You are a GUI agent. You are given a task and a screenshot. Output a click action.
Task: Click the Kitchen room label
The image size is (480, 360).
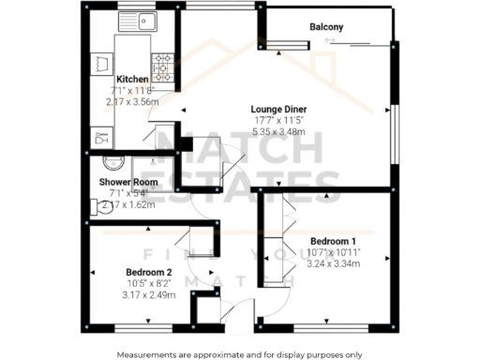tap(133, 79)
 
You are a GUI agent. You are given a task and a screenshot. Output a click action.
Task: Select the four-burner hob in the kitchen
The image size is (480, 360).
tap(163, 66)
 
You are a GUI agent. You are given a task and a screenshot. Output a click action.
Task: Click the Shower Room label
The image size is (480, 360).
tap(130, 182)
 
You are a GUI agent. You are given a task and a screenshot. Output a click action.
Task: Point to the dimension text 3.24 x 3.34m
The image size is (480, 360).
tap(334, 263)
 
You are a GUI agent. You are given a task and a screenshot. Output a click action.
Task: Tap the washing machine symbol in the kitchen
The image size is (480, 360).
tap(101, 65)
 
